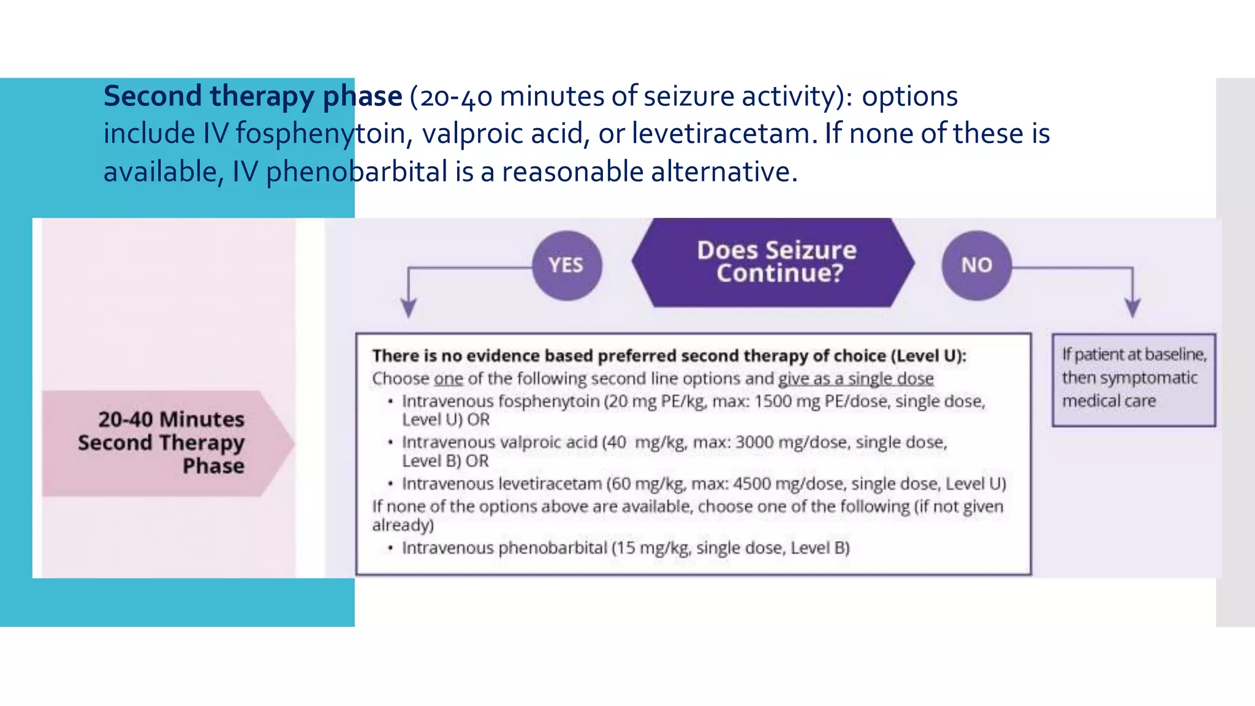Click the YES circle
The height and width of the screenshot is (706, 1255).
(x=566, y=265)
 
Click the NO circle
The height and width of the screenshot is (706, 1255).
(x=976, y=265)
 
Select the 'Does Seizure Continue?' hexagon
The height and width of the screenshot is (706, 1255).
(x=776, y=262)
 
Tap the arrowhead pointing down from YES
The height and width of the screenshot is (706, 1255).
(x=409, y=307)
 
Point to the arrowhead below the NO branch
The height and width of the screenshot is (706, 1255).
(x=1132, y=307)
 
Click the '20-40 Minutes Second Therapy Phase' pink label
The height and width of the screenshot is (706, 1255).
(x=162, y=442)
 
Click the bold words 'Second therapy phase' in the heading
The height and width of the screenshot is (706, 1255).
(x=252, y=96)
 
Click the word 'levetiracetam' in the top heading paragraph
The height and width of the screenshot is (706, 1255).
(x=724, y=134)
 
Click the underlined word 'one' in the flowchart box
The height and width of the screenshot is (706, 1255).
(x=449, y=379)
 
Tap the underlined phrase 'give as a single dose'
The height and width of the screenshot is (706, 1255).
(x=855, y=379)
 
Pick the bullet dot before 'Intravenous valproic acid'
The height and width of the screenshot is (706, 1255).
(x=390, y=442)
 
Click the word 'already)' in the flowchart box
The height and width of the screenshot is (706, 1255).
(x=403, y=525)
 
